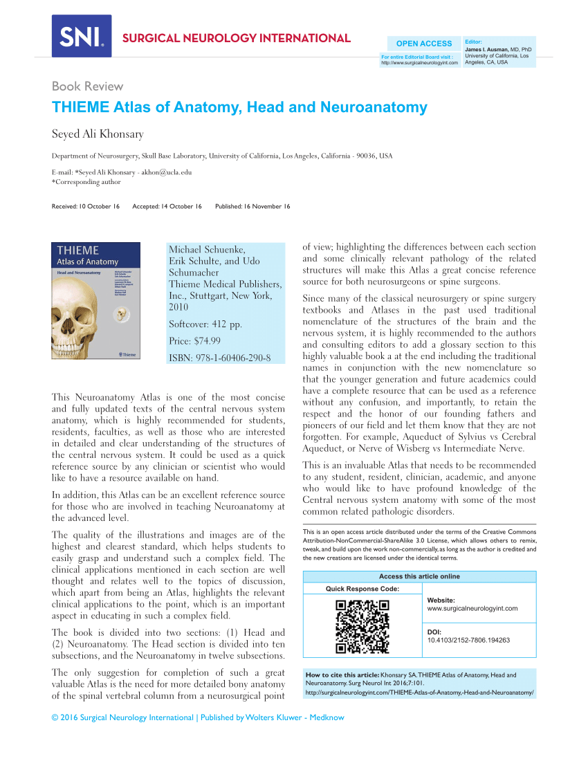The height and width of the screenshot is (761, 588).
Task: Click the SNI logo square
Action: click(x=82, y=36)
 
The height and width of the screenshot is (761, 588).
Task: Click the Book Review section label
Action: click(x=87, y=86)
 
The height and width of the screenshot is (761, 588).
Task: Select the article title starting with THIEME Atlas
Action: click(x=239, y=107)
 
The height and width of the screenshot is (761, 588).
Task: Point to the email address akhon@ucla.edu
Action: click(x=167, y=172)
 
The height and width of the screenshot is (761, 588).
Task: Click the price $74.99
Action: click(x=205, y=341)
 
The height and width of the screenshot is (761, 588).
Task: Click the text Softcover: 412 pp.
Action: click(x=205, y=324)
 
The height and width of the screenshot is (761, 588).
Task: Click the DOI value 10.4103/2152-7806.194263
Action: click(x=468, y=640)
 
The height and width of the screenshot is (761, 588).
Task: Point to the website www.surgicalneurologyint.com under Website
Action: click(x=472, y=608)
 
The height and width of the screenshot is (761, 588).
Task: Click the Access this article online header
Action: click(x=419, y=576)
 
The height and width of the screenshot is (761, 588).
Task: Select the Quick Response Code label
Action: click(x=362, y=589)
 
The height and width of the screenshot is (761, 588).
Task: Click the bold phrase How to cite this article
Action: click(x=342, y=675)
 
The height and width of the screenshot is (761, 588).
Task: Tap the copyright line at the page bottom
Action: click(x=198, y=717)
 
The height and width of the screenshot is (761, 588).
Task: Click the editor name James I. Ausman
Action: click(x=487, y=50)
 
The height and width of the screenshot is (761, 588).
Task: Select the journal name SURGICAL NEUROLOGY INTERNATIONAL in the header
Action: click(x=236, y=38)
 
